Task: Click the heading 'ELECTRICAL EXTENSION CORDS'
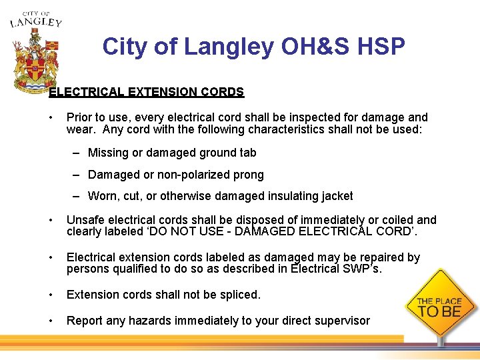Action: click(x=147, y=92)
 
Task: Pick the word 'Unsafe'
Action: click(x=85, y=220)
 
